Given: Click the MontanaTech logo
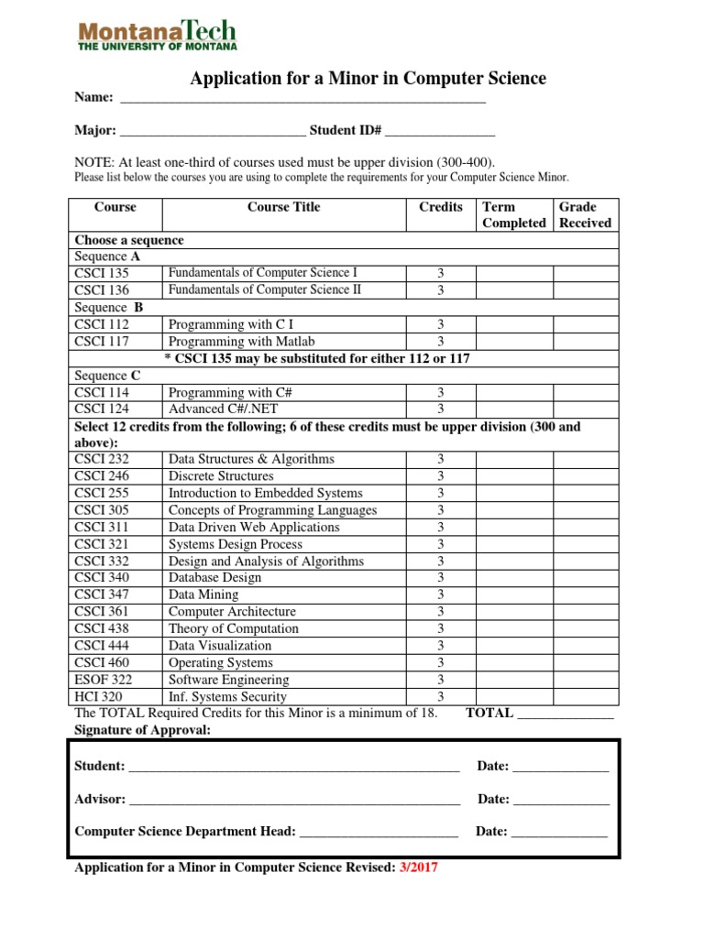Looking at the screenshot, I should coord(157,34).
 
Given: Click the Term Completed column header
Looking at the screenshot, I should coord(513,215).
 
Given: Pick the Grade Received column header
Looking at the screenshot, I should coord(585,215).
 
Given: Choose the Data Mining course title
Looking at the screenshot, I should coord(203,594).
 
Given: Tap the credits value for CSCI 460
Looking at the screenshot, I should coord(440,663).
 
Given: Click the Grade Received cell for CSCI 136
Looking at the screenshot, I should coord(586,290).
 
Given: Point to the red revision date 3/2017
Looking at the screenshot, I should coord(418,868).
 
